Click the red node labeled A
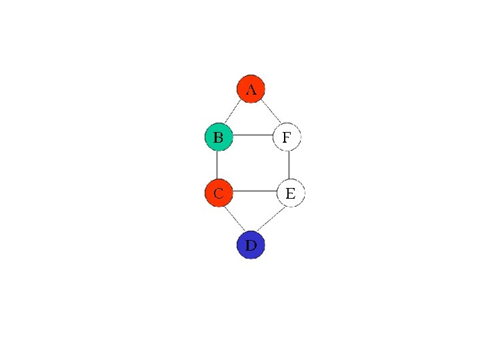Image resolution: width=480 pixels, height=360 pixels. (x=251, y=89)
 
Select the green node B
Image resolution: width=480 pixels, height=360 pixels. (x=218, y=137)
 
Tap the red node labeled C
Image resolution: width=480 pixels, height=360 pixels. (x=218, y=193)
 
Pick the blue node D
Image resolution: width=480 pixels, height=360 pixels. (x=251, y=245)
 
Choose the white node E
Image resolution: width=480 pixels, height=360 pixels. (x=291, y=193)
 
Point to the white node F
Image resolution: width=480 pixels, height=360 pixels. (x=287, y=137)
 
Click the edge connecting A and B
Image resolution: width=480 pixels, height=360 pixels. (x=233, y=112)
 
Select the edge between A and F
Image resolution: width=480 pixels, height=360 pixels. (x=270, y=112)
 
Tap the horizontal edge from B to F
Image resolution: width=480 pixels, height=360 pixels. (x=252, y=135)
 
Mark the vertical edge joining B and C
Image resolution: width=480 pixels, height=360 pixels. (x=217, y=165)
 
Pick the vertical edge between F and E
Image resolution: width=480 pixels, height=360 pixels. (x=289, y=165)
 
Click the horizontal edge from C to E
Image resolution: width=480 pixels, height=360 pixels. (x=254, y=191)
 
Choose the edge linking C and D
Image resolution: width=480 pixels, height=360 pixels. (x=233, y=219)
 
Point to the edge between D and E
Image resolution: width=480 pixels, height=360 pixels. (x=272, y=219)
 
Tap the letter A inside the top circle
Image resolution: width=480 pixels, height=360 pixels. (x=251, y=89)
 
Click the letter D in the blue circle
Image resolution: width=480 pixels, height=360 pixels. (x=250, y=245)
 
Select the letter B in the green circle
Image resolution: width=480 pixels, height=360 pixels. (x=218, y=138)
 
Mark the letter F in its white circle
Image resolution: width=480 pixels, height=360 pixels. (x=287, y=138)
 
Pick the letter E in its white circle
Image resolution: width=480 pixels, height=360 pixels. (x=291, y=194)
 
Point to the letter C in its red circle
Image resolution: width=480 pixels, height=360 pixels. (x=218, y=194)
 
